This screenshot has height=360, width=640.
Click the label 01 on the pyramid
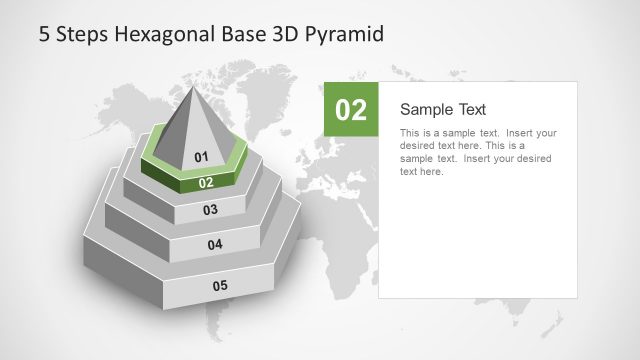tap(201, 157)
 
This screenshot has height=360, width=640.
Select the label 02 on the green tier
tap(206, 183)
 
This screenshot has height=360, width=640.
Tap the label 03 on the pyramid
tap(210, 210)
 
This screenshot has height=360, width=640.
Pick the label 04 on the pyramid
tap(215, 245)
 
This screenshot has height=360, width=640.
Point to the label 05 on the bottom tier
tap(220, 286)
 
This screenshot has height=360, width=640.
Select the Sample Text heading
tap(443, 109)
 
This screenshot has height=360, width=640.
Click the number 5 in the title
tap(44, 34)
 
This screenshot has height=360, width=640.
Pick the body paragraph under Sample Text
tap(478, 152)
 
